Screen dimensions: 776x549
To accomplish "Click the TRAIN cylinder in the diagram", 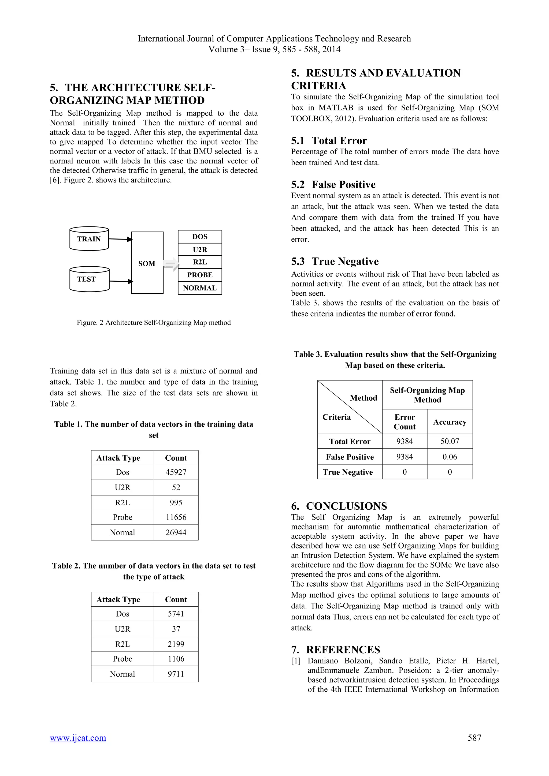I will (89, 239).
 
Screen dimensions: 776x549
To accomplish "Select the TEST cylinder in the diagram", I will (89, 279).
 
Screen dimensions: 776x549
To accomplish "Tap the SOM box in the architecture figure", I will (147, 263).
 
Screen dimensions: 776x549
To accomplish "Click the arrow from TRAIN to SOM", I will (120, 239).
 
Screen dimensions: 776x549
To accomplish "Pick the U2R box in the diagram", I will (200, 249).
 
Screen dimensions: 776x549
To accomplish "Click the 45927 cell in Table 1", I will (176, 472).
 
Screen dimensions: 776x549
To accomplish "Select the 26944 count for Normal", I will (176, 532).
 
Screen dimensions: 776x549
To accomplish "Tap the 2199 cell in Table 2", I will (176, 644).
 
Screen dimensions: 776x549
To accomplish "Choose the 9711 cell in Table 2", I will (176, 674).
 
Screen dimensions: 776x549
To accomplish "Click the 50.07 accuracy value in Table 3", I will (450, 441).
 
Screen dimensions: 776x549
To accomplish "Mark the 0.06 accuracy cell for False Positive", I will (450, 457).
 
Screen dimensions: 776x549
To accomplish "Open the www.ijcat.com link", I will (78, 738).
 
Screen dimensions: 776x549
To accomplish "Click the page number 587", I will (474, 738).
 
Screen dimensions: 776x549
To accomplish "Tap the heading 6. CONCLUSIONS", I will (339, 506).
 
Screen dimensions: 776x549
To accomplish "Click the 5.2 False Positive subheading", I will (333, 185).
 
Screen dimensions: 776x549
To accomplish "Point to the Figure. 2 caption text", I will (154, 322).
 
